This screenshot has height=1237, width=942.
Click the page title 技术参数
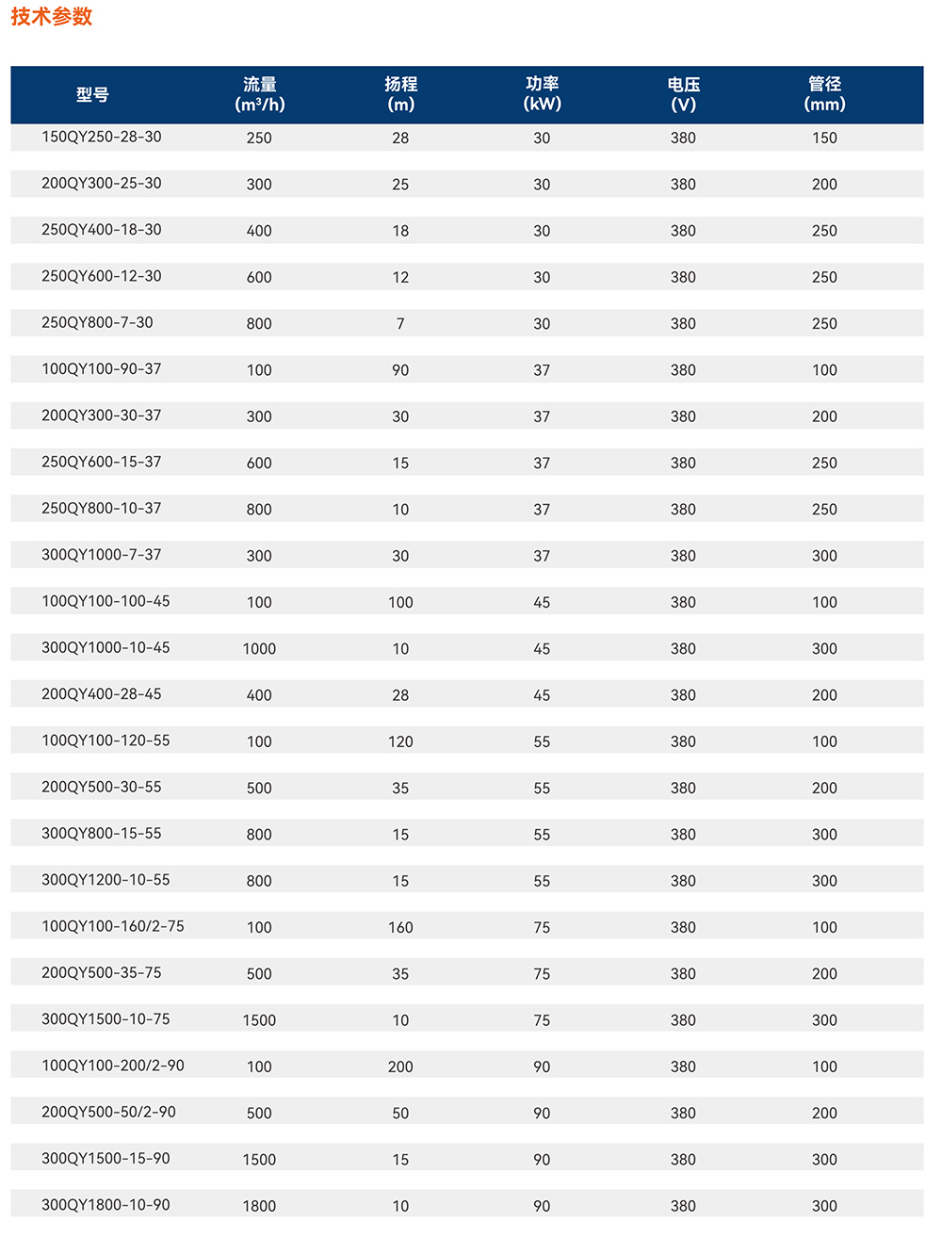(52, 17)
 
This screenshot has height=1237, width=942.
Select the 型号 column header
(92, 95)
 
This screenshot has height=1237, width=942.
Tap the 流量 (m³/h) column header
(259, 94)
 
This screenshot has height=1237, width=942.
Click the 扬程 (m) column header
(400, 94)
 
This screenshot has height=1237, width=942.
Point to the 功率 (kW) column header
(542, 94)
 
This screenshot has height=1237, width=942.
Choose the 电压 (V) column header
(683, 94)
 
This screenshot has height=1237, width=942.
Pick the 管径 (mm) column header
(824, 94)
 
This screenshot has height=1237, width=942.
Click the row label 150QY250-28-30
(101, 137)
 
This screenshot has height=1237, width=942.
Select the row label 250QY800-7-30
(97, 322)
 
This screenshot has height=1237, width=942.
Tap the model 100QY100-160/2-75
(112, 926)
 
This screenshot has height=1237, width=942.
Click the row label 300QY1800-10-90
(106, 1204)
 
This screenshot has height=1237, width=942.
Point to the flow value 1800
(259, 1206)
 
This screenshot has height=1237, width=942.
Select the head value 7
(400, 324)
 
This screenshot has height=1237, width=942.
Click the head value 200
(400, 1066)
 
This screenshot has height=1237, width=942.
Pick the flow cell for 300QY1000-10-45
(259, 649)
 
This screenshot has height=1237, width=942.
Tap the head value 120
(400, 741)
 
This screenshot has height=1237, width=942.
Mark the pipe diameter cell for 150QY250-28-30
(824, 138)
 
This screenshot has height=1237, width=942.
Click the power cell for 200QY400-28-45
(542, 695)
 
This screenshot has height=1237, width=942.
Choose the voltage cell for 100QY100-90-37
(683, 370)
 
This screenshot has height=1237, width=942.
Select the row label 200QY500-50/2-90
(108, 1112)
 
